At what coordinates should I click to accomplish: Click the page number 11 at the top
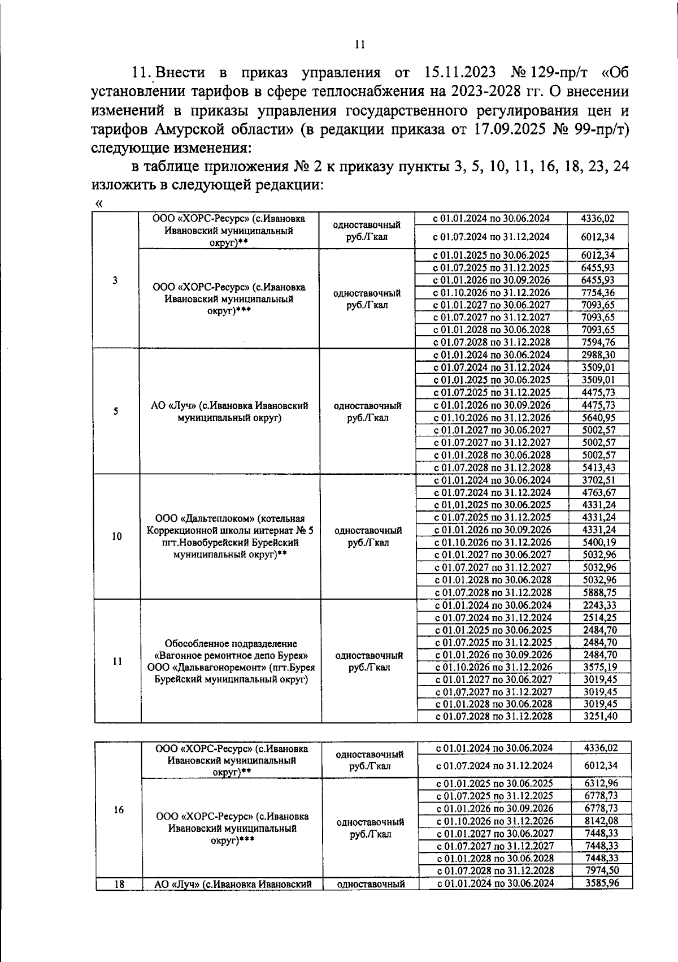point(360,45)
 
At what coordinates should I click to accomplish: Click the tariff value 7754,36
point(598,292)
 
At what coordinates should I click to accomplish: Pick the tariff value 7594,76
point(598,342)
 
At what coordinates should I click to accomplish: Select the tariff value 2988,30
point(598,355)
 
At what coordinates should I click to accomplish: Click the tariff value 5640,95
point(598,418)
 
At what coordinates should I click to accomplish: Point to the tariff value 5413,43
point(598,467)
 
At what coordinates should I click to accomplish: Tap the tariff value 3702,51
point(598,480)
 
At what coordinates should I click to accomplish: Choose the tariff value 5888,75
point(598,592)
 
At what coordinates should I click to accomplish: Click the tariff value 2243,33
point(600,605)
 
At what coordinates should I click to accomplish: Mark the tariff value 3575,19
point(600,667)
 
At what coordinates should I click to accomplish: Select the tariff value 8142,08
point(601,821)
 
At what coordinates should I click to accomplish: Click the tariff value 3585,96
point(601,882)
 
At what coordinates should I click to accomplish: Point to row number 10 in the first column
point(116,536)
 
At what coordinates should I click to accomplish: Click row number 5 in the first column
point(115,411)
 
